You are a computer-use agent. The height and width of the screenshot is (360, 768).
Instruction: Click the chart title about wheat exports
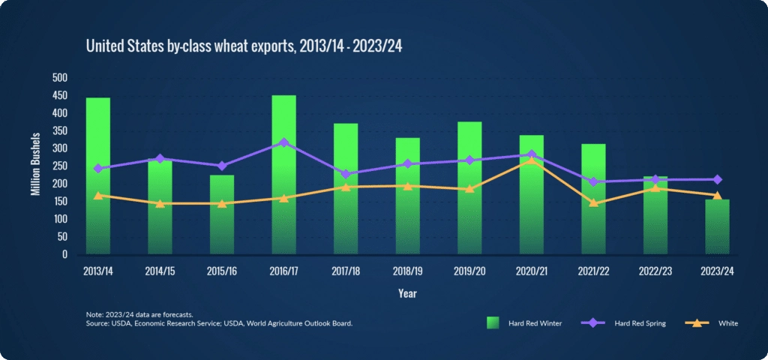pos(245,46)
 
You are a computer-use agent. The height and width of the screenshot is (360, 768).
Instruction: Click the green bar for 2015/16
pos(222,214)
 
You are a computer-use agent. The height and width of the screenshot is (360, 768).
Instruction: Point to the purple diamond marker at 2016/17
pos(283,142)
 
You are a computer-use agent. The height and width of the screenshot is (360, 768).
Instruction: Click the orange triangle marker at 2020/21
pos(531,160)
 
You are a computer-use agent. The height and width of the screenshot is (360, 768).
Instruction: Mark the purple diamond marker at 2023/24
pos(717,179)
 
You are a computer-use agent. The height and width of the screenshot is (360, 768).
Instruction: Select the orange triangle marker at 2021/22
pos(593,202)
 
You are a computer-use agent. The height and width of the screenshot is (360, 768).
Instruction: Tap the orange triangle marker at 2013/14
pos(98,195)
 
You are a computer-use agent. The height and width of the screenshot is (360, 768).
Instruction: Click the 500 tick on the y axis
pos(60,77)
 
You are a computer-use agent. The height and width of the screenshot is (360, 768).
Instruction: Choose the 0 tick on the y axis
pos(64,254)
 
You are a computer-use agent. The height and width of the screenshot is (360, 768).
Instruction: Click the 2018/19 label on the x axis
pos(407,271)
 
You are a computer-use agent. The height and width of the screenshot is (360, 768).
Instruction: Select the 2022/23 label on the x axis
pos(655,271)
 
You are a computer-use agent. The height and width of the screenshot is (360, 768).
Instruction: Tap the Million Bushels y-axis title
pos(35,166)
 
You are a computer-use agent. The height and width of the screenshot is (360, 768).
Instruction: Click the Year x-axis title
pos(407,294)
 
